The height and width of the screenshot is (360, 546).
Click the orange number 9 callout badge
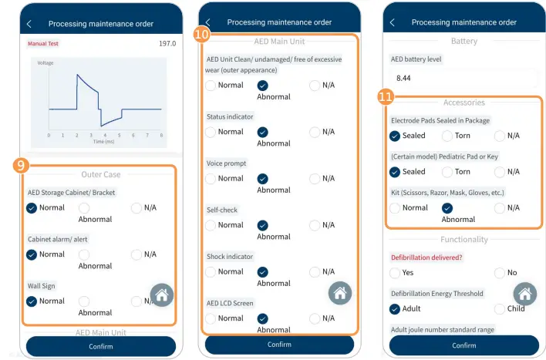[x=23, y=164]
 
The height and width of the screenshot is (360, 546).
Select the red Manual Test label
[x=43, y=44]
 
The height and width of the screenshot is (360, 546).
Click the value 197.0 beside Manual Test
[x=167, y=44]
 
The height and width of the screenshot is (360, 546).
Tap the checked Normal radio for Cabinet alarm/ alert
[x=32, y=254]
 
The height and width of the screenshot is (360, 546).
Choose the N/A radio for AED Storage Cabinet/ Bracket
[x=136, y=207]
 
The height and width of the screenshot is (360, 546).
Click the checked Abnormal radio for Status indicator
[x=263, y=132]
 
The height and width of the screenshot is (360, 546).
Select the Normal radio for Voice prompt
[x=211, y=179]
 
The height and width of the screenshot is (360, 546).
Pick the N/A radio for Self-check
[x=315, y=225]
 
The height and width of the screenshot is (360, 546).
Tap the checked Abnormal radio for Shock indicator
[x=263, y=272]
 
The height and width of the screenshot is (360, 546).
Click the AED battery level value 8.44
[x=404, y=78]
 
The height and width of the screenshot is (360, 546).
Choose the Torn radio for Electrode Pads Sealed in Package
[x=447, y=136]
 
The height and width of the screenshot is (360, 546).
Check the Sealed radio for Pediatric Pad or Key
[x=395, y=172]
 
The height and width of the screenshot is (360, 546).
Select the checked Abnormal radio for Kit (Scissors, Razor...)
[x=447, y=207]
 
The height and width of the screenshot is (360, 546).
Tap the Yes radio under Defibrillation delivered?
[x=395, y=272]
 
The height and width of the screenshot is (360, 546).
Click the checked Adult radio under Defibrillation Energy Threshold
[x=395, y=308]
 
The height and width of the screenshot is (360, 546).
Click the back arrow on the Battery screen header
[x=392, y=22]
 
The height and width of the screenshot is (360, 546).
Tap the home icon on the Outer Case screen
[x=161, y=294]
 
